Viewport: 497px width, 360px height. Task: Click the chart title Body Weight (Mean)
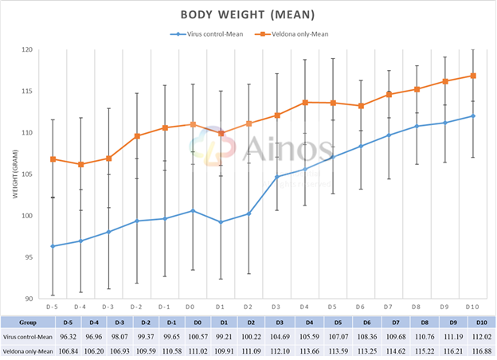pyautogui.click(x=247, y=15)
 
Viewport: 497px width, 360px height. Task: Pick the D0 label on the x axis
pyautogui.click(x=192, y=307)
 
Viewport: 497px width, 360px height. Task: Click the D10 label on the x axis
pyautogui.click(x=471, y=307)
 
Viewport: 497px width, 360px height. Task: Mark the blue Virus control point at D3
pyautogui.click(x=276, y=177)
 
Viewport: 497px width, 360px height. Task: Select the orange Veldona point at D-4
pyautogui.click(x=80, y=164)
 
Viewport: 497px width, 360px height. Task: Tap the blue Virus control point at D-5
pyautogui.click(x=53, y=246)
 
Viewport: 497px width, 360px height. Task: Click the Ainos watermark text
pyautogui.click(x=283, y=150)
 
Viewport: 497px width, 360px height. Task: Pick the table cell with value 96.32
pyautogui.click(x=53, y=337)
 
